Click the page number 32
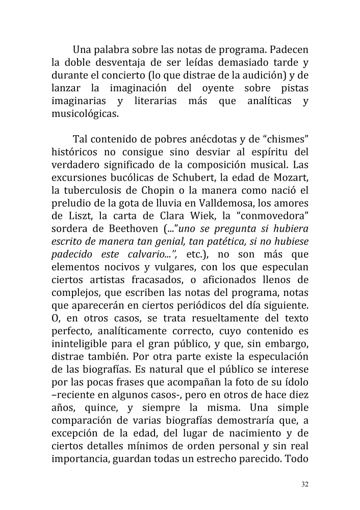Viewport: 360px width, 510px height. click(x=304, y=484)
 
